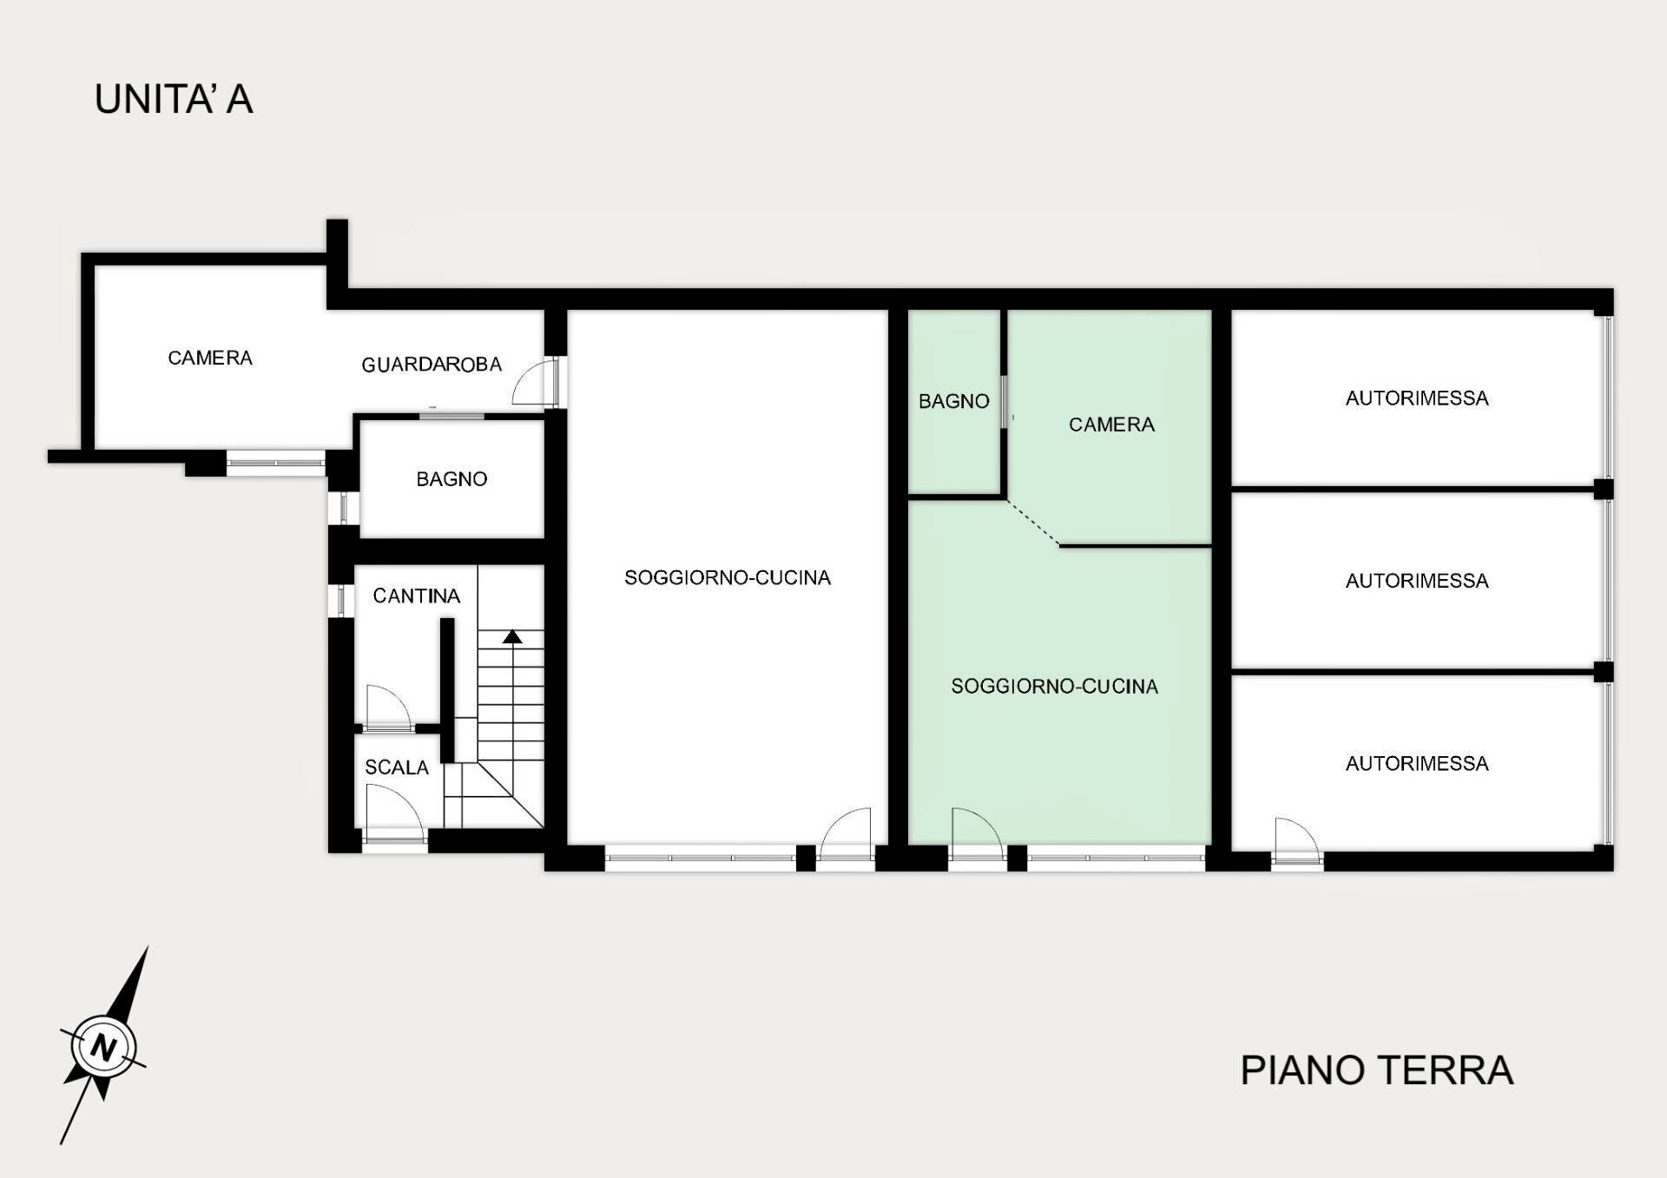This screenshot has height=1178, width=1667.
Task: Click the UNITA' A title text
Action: (174, 99)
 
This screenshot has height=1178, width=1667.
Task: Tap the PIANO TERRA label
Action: (1376, 1070)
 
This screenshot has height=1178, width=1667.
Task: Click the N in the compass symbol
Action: (104, 1046)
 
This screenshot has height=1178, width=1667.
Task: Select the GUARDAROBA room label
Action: (432, 365)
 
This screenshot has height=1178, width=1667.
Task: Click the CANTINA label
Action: (416, 596)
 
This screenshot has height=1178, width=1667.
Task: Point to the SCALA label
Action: (396, 767)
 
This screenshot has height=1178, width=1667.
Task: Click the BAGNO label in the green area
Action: (953, 401)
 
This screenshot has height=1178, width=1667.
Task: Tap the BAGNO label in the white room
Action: (451, 479)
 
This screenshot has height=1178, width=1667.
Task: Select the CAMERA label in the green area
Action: (1111, 424)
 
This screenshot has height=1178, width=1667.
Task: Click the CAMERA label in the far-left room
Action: (209, 358)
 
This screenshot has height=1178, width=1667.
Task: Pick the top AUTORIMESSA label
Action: (1417, 398)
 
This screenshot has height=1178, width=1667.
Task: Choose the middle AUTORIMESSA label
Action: (1417, 581)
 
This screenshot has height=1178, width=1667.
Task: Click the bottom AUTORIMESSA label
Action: (1417, 764)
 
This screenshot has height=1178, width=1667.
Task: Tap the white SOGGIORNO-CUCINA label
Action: (727, 578)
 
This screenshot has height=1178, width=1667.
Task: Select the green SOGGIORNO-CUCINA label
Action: (1054, 687)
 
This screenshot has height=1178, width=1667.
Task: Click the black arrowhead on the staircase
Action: (512, 637)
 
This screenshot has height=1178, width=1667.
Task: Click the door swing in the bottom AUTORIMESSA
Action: (1296, 837)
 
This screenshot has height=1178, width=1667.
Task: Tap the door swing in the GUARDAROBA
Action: (532, 382)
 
